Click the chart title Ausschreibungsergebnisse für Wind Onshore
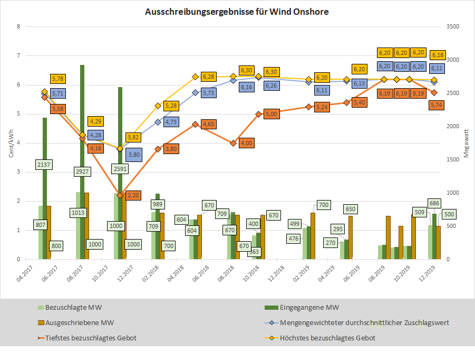coord(237,12)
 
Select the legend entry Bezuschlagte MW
coord(66,307)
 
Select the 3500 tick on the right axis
coord(452,27)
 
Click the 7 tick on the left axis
coord(19,56)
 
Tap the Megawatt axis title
coord(466,143)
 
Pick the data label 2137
coord(44,165)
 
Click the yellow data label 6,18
coord(437,54)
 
